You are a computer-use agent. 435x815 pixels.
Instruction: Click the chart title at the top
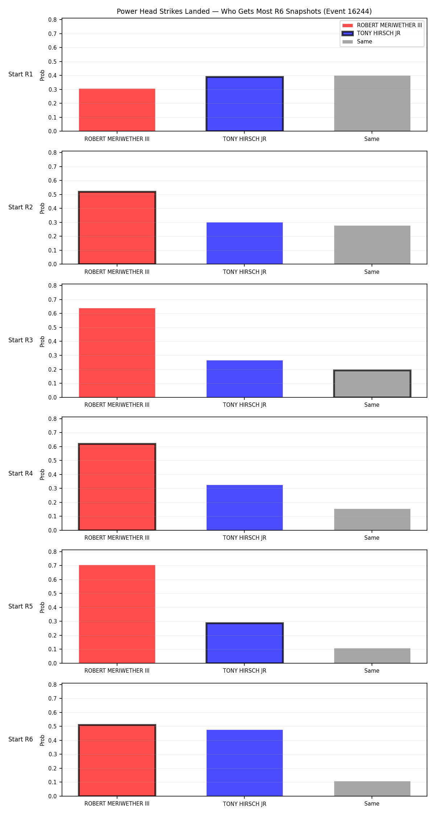point(244,11)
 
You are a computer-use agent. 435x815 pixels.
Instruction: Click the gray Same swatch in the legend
point(348,42)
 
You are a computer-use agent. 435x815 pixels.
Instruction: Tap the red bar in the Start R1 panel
point(117,110)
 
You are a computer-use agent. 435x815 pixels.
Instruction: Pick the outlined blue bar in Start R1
point(245,104)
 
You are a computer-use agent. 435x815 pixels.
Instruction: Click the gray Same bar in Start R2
point(372,245)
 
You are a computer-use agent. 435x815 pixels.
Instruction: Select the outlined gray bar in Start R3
point(372,384)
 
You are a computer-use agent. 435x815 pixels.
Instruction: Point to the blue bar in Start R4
point(245,507)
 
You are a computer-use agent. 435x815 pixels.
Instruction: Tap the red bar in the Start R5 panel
point(117,614)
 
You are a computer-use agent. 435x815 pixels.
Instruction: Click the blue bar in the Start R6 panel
point(245,763)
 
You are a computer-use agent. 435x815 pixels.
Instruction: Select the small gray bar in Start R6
point(372,789)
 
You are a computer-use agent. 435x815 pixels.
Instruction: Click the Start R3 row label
point(21,340)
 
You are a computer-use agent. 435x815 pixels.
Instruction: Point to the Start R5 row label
point(21,606)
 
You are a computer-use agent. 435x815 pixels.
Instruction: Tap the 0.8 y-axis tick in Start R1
point(53,20)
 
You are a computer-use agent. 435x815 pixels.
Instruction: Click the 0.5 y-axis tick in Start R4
point(53,461)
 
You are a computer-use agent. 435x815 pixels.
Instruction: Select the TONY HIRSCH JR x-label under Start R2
point(245,272)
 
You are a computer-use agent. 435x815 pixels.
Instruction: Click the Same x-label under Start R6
point(372,803)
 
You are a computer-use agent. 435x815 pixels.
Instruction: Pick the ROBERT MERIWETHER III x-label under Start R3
point(117,405)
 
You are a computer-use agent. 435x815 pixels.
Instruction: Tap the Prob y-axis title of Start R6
point(42,740)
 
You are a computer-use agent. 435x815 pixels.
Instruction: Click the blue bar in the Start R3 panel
point(245,379)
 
